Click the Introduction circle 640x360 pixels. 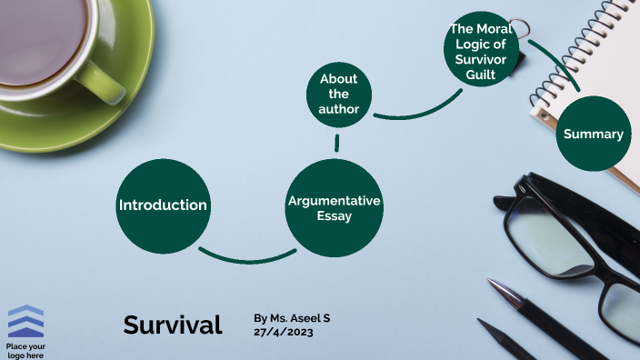(163, 205)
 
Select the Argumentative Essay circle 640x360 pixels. (334, 207)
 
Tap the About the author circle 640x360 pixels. (338, 94)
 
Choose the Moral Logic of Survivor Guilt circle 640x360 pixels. (485, 53)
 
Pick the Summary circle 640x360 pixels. (593, 134)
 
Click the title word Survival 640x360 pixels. (173, 325)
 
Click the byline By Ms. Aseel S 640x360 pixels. (292, 318)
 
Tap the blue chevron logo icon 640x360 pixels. (25, 322)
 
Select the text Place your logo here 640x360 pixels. (25, 350)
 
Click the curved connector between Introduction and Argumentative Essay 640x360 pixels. (245, 259)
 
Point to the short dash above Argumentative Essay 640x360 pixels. (336, 142)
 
